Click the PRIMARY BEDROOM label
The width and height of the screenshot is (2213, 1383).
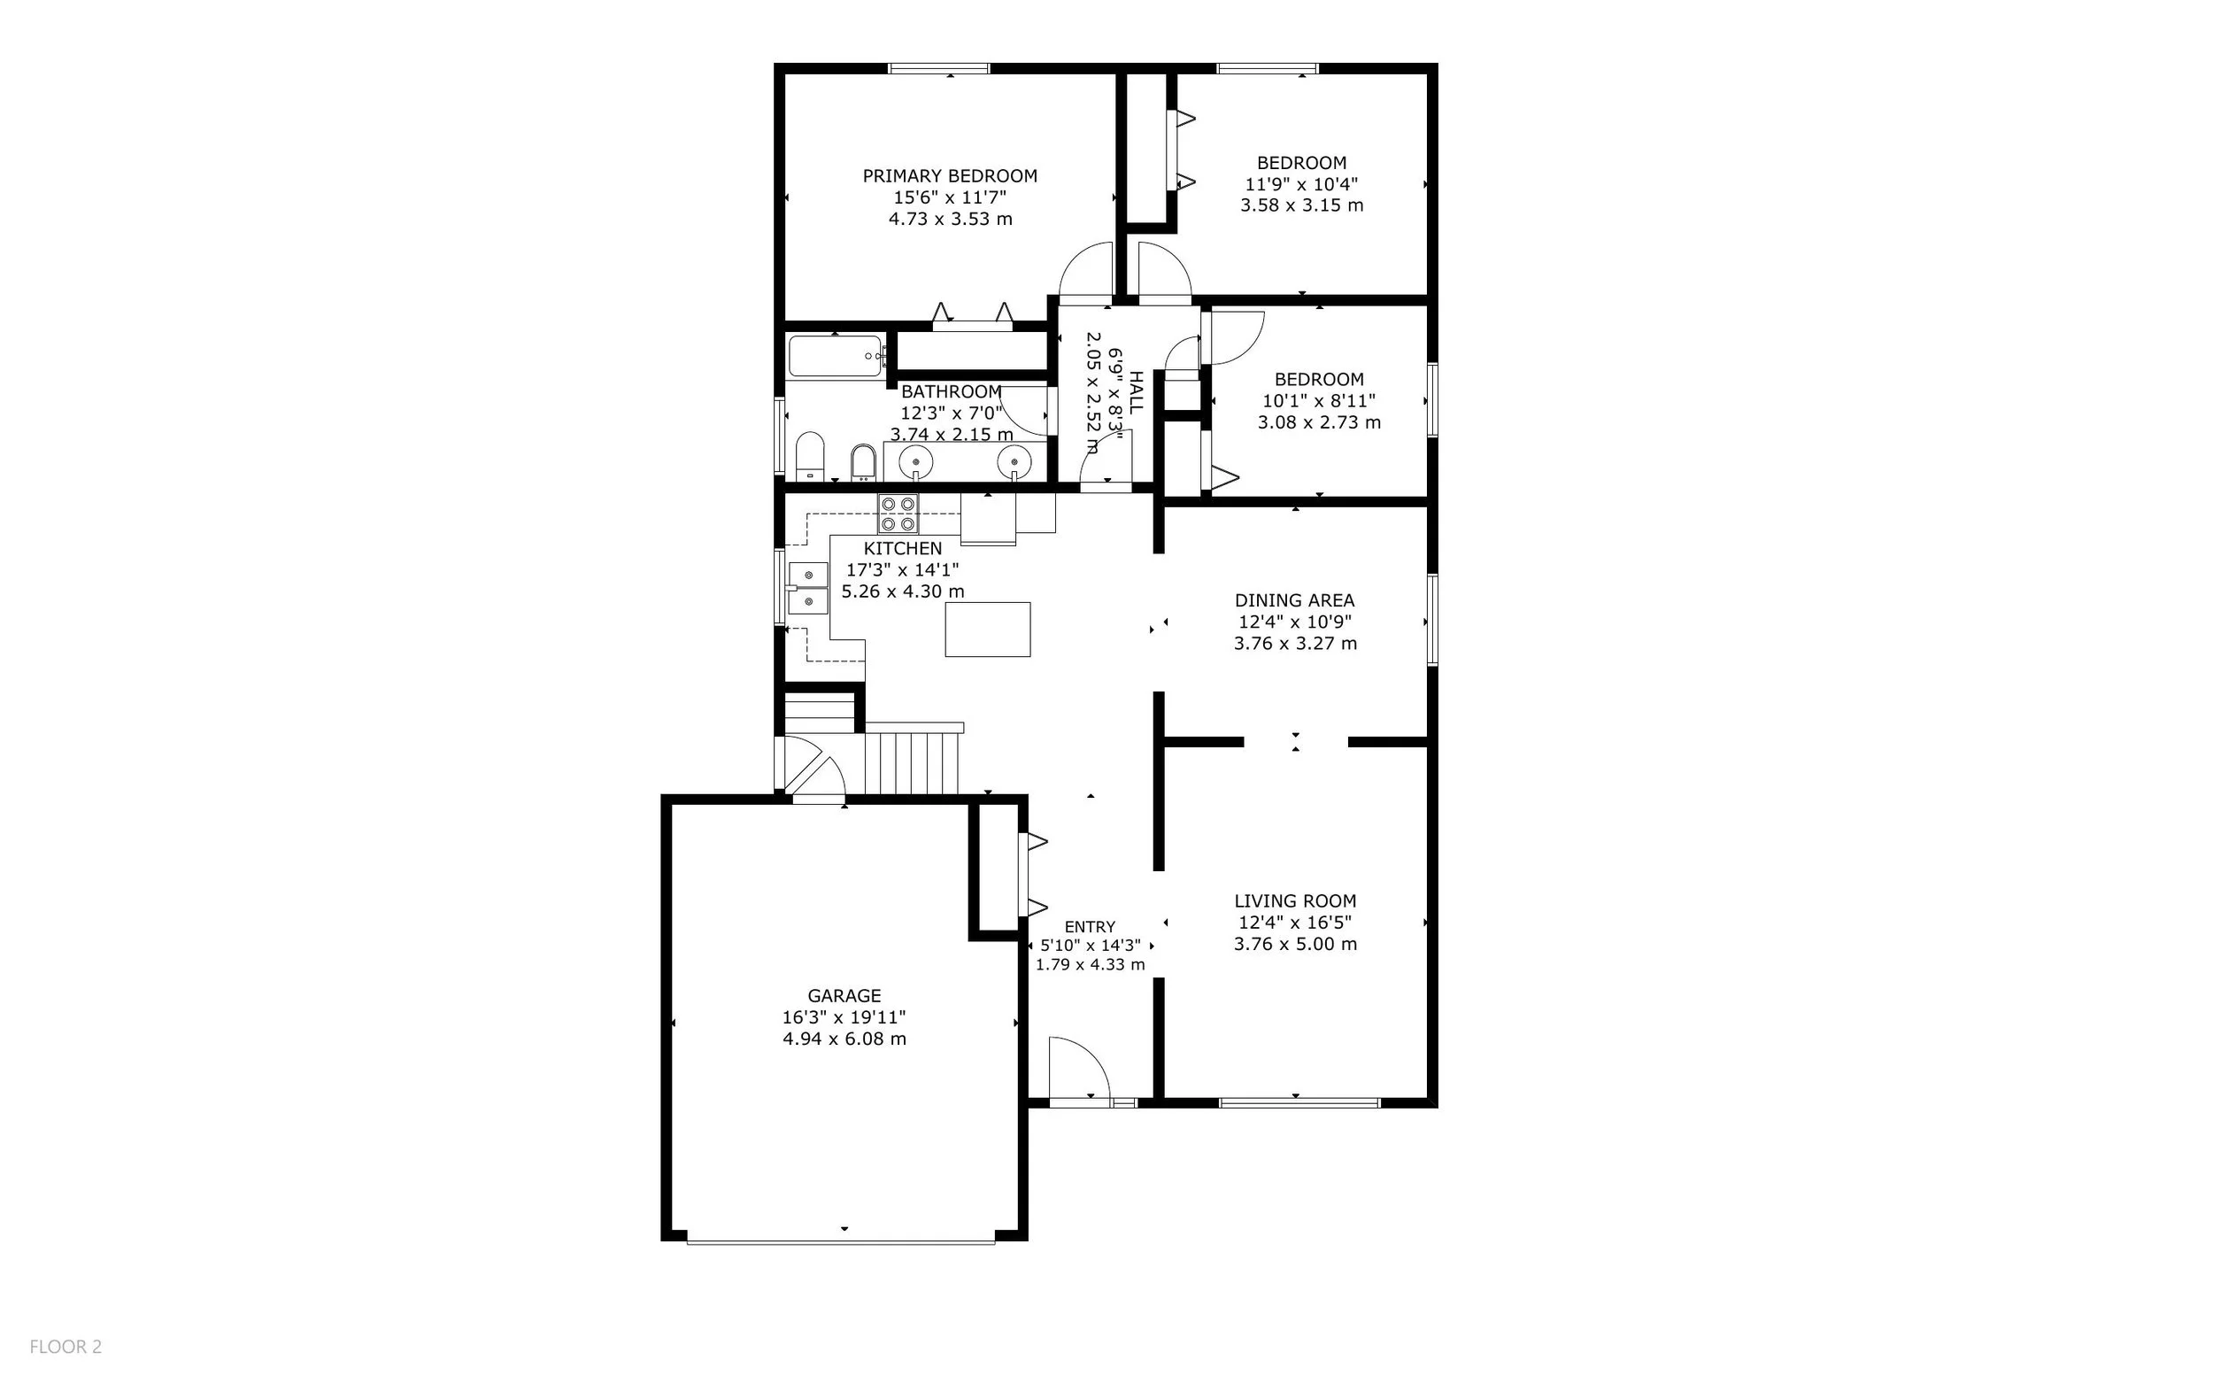point(949,175)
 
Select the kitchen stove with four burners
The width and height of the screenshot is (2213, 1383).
point(898,514)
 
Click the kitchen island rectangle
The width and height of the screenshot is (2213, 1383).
point(987,630)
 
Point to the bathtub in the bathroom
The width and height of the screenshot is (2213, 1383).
point(834,357)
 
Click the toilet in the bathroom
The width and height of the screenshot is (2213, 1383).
point(809,455)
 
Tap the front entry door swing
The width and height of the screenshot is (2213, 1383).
point(1077,1070)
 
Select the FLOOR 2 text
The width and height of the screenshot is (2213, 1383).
point(66,1347)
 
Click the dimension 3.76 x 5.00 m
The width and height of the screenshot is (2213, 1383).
point(1294,944)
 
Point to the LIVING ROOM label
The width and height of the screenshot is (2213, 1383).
point(1294,901)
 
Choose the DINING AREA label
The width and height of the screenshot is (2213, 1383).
point(1294,600)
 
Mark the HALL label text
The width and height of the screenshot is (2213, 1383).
point(1136,393)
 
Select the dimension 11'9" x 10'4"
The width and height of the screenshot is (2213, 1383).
point(1300,184)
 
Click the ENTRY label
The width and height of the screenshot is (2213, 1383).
point(1089,926)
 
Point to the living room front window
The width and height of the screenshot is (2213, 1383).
point(1299,1102)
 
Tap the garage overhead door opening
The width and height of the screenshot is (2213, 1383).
point(841,1241)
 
